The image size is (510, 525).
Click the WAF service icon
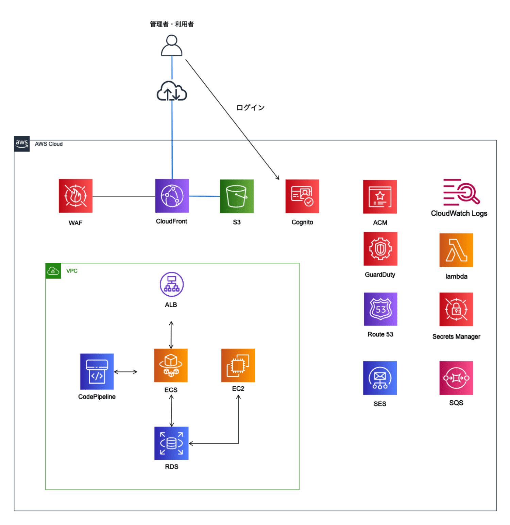click(x=75, y=196)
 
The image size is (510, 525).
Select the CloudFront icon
click(x=172, y=196)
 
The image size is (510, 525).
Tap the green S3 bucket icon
click(x=237, y=196)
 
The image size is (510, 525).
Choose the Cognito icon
click(x=302, y=196)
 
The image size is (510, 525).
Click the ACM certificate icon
click(x=380, y=197)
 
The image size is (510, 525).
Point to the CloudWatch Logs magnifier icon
click(x=461, y=192)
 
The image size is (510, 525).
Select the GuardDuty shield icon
click(x=380, y=249)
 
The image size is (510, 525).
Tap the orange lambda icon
click(x=456, y=250)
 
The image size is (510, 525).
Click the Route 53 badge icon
click(x=380, y=309)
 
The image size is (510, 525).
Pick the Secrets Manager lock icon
click(x=456, y=309)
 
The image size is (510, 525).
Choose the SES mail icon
click(x=380, y=378)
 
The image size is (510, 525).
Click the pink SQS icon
click(x=456, y=378)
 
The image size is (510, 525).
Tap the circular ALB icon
click(x=172, y=284)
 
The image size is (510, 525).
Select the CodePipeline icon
click(x=97, y=371)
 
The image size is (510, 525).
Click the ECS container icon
click(x=171, y=365)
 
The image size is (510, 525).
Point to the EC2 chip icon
click(x=238, y=365)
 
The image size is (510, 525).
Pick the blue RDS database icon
click(x=171, y=443)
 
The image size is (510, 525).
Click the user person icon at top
click(x=172, y=46)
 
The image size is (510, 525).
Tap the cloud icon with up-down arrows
click(x=172, y=91)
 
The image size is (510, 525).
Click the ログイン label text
click(x=250, y=108)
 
